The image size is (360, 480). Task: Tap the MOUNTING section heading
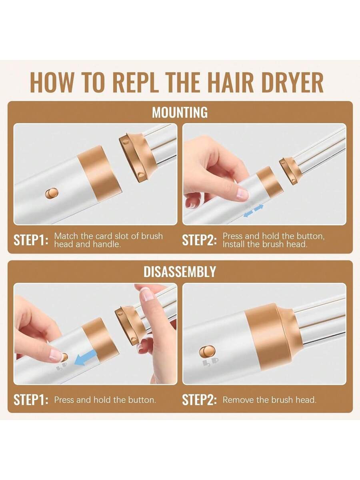[x=180, y=113]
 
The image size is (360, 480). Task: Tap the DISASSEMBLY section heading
[x=180, y=272]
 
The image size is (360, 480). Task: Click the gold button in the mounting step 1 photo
[x=52, y=194]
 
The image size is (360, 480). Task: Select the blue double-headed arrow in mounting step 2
[x=254, y=211]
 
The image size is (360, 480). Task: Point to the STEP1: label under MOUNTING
[x=31, y=240]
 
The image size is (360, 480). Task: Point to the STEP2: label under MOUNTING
[x=200, y=240]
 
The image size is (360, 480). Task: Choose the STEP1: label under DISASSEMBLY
[x=31, y=400]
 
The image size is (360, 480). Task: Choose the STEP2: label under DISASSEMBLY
[x=200, y=400]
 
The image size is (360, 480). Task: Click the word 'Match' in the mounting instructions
[x=66, y=236]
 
